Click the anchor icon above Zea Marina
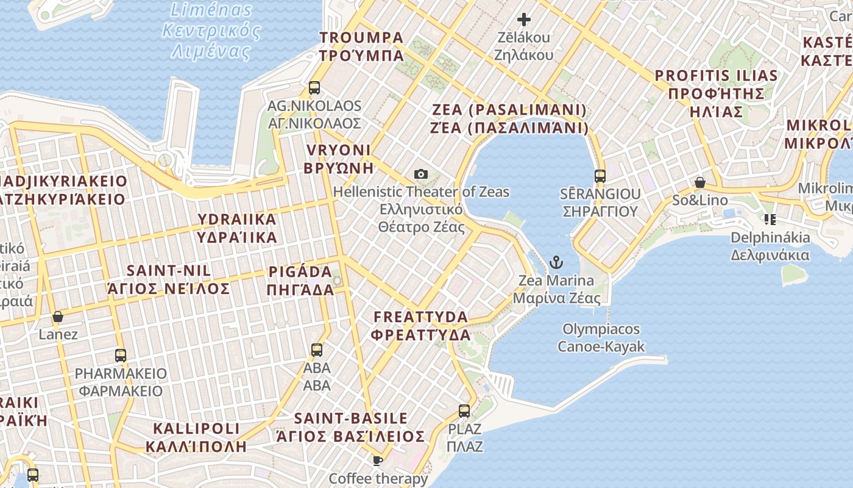click(556, 263)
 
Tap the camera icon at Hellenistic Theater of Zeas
click(420, 174)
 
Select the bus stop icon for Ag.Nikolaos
click(314, 88)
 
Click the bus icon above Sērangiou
click(600, 176)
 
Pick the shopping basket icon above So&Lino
click(700, 182)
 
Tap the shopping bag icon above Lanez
click(58, 317)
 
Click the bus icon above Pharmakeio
click(121, 355)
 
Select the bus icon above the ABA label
click(317, 350)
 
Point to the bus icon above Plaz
click(464, 411)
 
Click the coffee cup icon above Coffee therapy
click(378, 461)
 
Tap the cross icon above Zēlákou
click(524, 20)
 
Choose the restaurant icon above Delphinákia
click(770, 219)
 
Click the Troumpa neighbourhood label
click(361, 46)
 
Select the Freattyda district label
click(421, 326)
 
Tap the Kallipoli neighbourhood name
click(196, 437)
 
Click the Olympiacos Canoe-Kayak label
click(601, 338)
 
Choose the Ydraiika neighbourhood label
click(236, 228)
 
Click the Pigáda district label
click(300, 280)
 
